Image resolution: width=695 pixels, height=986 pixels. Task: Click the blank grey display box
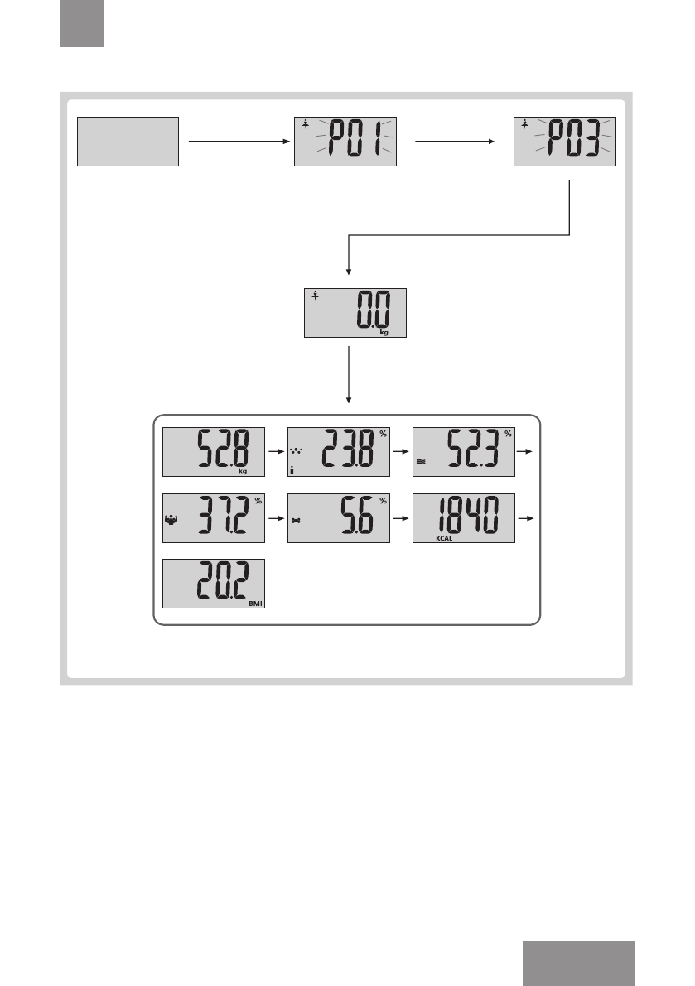[128, 142]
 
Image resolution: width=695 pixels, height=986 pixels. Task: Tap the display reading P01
[345, 142]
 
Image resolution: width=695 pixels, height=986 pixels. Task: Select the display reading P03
[564, 142]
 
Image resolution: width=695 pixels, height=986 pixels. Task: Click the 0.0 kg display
[355, 313]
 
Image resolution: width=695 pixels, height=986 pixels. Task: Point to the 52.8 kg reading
[214, 452]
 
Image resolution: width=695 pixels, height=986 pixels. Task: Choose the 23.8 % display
[339, 452]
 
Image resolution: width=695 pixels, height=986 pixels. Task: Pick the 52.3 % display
[464, 452]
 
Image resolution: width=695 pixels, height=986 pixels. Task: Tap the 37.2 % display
[214, 518]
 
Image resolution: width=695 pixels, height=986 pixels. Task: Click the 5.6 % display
[339, 518]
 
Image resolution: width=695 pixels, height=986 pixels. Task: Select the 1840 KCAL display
[464, 518]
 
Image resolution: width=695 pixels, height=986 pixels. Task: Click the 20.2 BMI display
[214, 584]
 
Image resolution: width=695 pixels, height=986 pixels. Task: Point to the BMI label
[254, 604]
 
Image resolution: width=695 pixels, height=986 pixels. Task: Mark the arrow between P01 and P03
[454, 142]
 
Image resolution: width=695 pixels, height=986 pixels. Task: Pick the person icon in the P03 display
[525, 125]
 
